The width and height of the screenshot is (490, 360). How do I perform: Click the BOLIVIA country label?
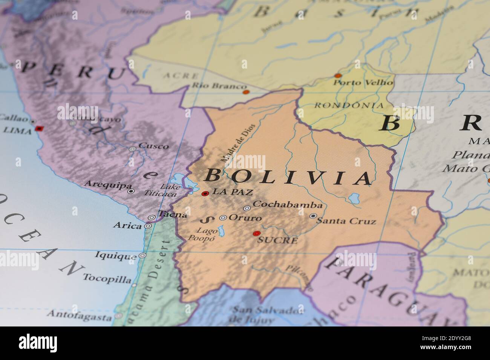point(289,177)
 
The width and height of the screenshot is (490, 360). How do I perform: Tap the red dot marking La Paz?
point(205,194)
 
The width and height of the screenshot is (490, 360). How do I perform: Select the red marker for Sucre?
point(257,233)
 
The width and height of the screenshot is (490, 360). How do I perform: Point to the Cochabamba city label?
point(288,205)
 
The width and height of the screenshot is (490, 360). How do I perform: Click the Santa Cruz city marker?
point(313,216)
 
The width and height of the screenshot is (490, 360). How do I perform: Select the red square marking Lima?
point(38,128)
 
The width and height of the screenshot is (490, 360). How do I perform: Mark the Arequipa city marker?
point(131,191)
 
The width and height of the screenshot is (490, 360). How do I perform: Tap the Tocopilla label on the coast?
point(107,279)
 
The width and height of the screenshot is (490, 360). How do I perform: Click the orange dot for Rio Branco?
point(246,92)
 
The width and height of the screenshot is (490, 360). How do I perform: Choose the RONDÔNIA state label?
point(349,105)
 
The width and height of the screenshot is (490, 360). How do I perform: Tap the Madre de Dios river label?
point(238,143)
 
